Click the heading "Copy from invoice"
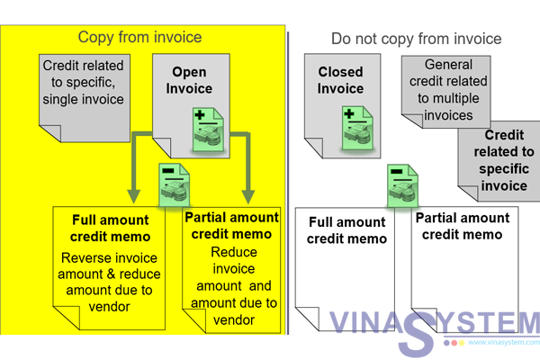(x=139, y=37)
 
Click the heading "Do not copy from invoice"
(x=416, y=39)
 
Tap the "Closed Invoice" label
(x=341, y=80)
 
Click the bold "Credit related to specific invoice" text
(x=497, y=160)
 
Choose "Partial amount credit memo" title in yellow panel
(x=233, y=226)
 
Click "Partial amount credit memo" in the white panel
(x=463, y=226)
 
